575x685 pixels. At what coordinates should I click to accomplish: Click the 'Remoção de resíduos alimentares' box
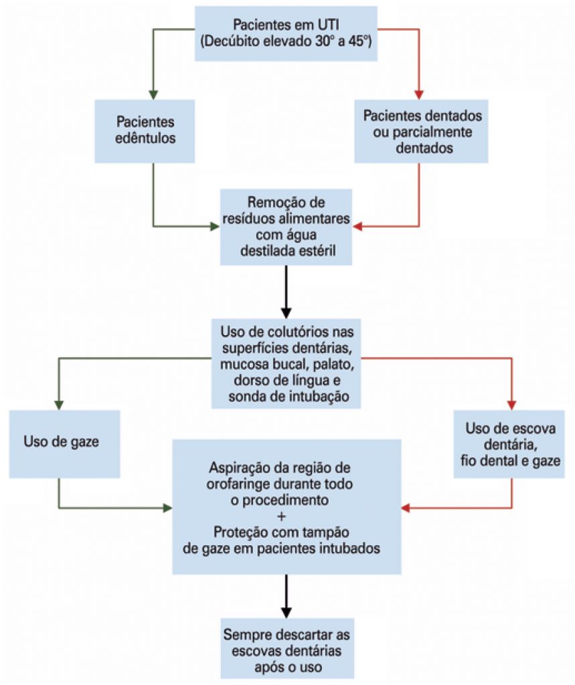(286, 226)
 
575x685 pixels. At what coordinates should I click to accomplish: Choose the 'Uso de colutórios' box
(286, 363)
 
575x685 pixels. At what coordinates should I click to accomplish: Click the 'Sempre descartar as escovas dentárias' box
(286, 648)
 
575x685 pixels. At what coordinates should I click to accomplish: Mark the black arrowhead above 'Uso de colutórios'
(286, 312)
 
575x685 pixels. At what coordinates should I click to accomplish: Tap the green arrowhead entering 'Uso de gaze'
(60, 404)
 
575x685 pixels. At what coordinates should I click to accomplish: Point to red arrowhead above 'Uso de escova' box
(512, 404)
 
